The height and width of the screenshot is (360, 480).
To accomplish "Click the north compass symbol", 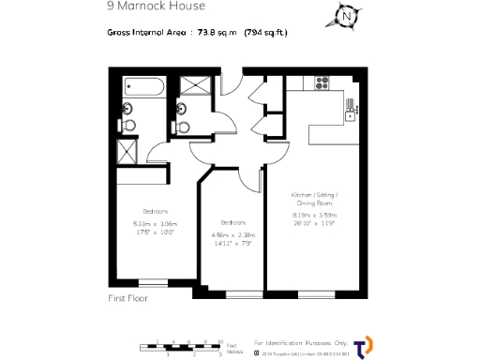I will coord(348,16).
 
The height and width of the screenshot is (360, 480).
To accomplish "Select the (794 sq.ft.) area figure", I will coord(265,33).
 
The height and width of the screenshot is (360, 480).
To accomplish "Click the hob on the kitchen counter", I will coord(321,82).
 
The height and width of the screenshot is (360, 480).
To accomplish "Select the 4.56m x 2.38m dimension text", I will coord(232,234).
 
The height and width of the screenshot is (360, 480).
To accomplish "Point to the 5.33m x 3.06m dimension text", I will coord(155,223).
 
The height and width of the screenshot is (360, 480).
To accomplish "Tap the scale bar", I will coord(187,348).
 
